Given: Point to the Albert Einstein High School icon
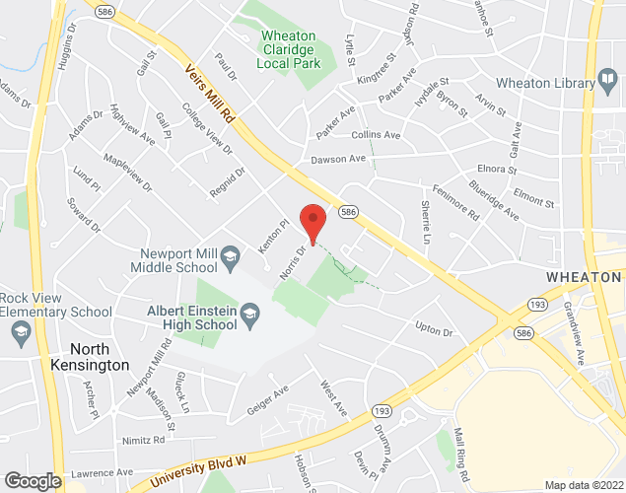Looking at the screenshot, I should pyautogui.click(x=249, y=317).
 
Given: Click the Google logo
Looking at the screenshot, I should pyautogui.click(x=32, y=480).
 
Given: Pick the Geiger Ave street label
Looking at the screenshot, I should pyautogui.click(x=267, y=391).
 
